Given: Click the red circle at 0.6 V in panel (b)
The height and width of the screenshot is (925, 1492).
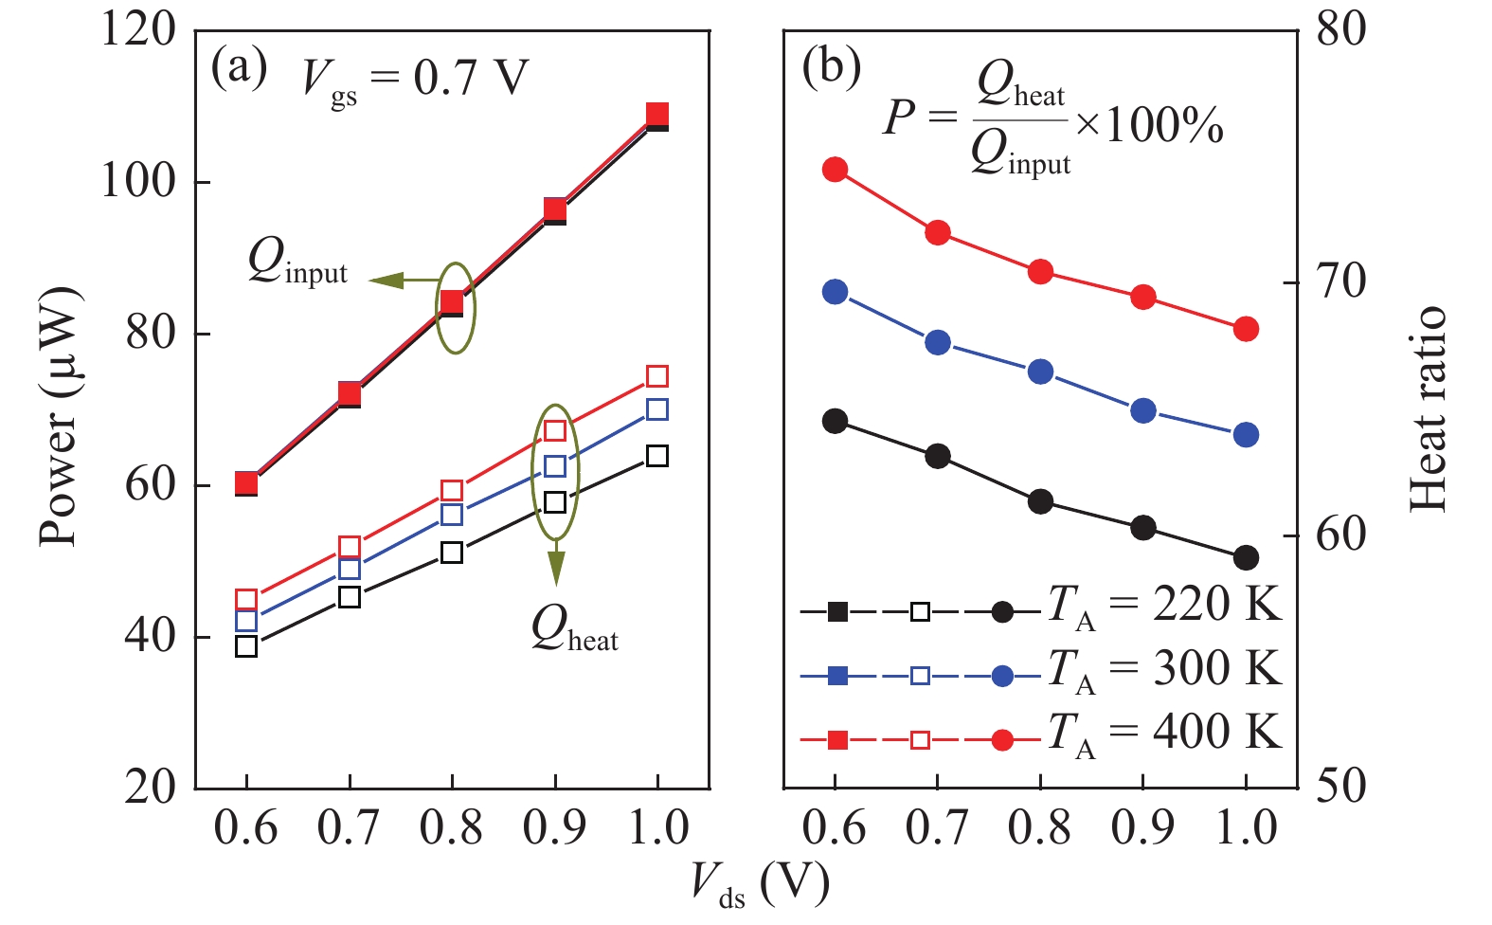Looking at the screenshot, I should tap(835, 171).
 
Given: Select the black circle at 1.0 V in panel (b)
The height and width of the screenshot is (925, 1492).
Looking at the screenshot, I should tap(1246, 558).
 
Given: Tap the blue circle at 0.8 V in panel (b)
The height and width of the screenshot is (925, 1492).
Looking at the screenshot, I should tap(1040, 372).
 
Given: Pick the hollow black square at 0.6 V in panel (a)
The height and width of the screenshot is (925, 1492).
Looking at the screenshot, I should tap(246, 646).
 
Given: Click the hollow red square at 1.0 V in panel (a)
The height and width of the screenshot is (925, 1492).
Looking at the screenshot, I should tap(657, 376).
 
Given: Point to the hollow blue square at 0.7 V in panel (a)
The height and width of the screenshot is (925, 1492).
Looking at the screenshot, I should tap(350, 569).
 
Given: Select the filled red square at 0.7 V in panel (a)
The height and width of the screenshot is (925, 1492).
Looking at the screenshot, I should tap(350, 393).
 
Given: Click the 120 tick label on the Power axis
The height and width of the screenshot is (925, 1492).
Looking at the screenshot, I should tap(138, 30).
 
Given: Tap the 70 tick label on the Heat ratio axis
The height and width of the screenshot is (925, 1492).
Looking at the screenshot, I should tap(1341, 281).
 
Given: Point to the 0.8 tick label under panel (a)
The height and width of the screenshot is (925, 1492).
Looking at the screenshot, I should tap(451, 828).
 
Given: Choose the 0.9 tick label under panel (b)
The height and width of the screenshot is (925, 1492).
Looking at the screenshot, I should tap(1142, 828).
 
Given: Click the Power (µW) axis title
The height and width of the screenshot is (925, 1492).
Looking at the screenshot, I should tap(59, 417).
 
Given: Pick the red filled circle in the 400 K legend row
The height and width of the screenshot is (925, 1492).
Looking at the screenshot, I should tap(1002, 740).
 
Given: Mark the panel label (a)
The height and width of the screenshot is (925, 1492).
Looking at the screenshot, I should tap(239, 68).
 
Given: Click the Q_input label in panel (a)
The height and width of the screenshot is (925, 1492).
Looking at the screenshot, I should tap(297, 261).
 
